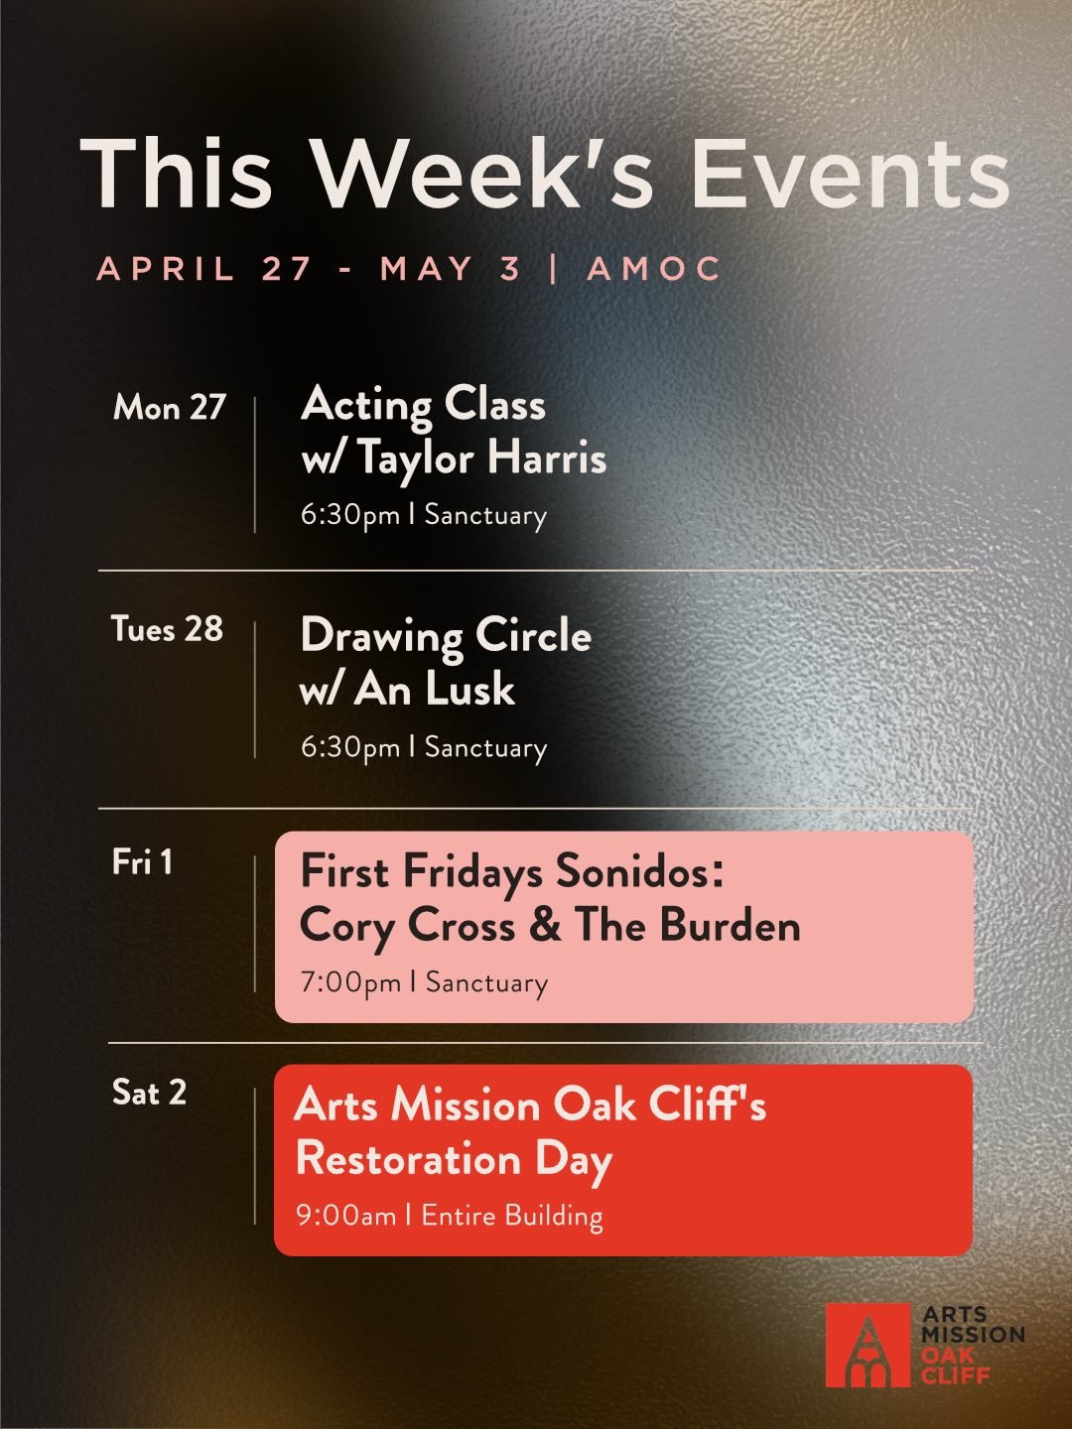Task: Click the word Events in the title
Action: click(850, 174)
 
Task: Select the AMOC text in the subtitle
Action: click(654, 269)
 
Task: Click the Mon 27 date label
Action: click(170, 407)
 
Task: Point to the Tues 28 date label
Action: click(167, 629)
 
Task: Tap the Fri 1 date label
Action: click(142, 861)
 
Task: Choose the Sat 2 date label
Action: click(149, 1093)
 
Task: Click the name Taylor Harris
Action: click(481, 458)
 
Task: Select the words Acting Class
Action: click(423, 405)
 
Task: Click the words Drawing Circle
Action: click(446, 636)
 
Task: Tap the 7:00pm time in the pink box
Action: click(350, 983)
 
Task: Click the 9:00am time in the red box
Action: click(345, 1216)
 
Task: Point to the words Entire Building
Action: click(512, 1216)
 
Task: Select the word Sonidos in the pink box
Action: click(639, 871)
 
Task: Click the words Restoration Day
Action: click(454, 1159)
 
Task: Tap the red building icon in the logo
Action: click(868, 1346)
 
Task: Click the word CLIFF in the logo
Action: click(955, 1375)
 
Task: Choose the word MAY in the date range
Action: click(426, 269)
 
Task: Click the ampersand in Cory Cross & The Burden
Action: click(545, 926)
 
